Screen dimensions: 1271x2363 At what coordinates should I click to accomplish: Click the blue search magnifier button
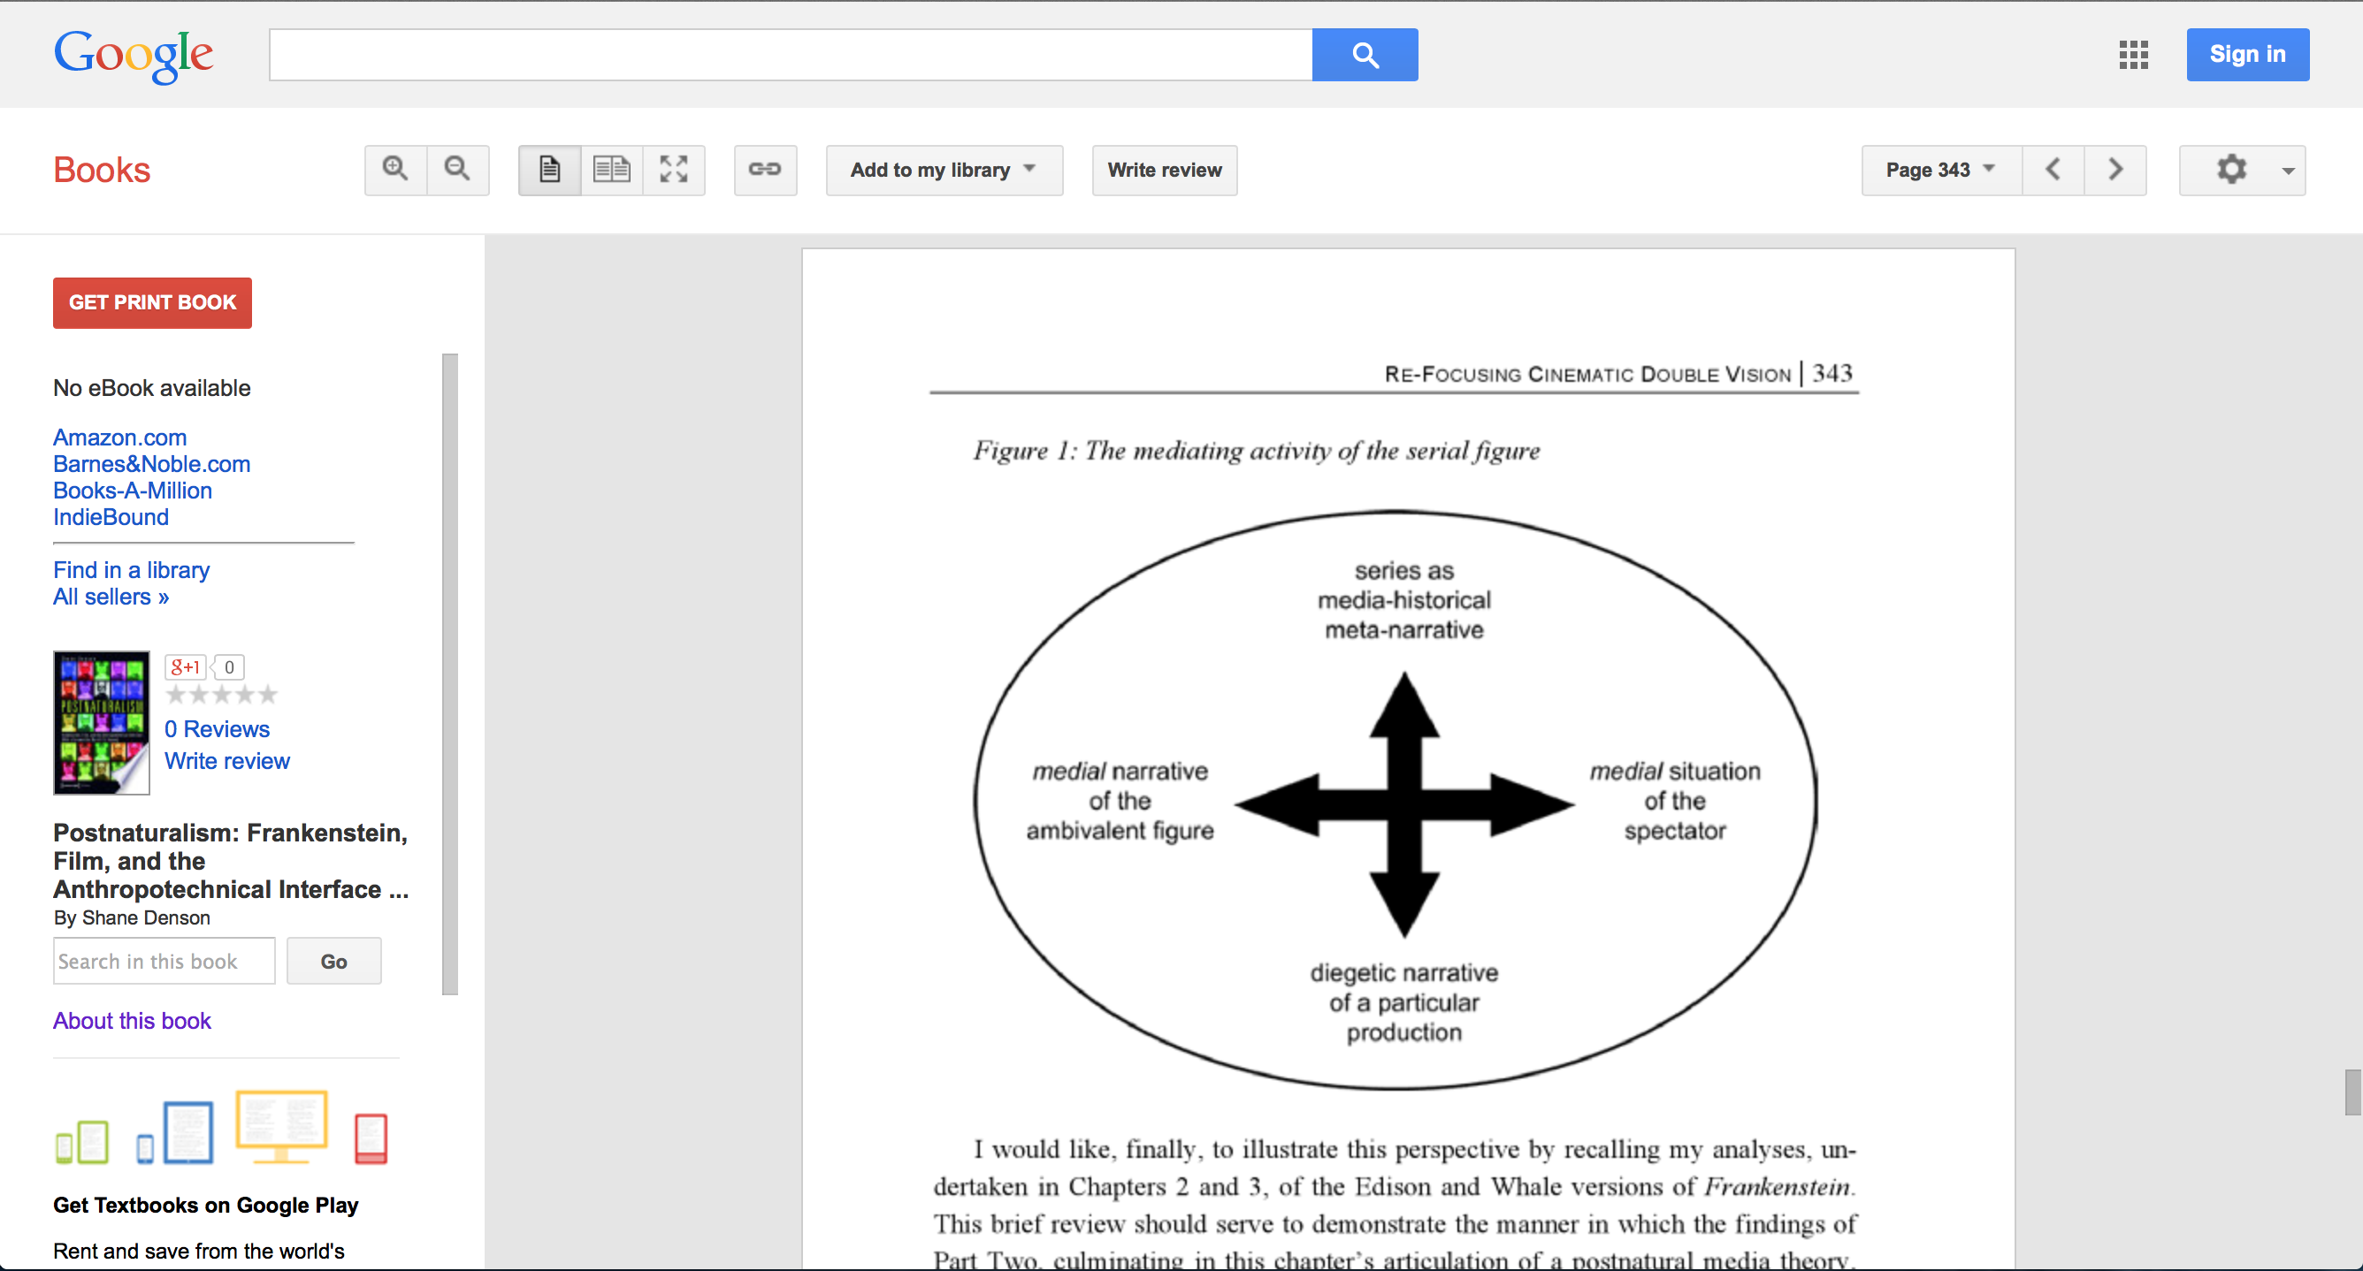pyautogui.click(x=1364, y=55)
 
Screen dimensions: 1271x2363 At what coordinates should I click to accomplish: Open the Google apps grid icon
pyautogui.click(x=2133, y=55)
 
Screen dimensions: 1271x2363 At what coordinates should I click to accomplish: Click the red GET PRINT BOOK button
pyautogui.click(x=152, y=302)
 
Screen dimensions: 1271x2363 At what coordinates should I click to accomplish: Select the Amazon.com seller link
pyautogui.click(x=120, y=438)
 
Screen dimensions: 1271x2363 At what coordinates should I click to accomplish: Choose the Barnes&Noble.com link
pyautogui.click(x=151, y=464)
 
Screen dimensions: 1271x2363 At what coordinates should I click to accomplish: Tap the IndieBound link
pyautogui.click(x=111, y=517)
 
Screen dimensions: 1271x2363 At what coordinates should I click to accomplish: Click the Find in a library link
pyautogui.click(x=131, y=570)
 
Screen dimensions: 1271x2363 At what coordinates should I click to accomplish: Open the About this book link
pyautogui.click(x=132, y=1021)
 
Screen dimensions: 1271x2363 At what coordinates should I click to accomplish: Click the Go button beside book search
pyautogui.click(x=333, y=961)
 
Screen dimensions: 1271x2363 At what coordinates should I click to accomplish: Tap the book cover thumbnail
pyautogui.click(x=101, y=722)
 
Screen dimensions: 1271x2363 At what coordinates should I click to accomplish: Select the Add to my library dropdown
pyautogui.click(x=943, y=170)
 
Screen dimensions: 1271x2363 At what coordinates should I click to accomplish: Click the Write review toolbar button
pyautogui.click(x=1164, y=170)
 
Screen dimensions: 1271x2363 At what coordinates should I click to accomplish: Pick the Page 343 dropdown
pyautogui.click(x=1940, y=170)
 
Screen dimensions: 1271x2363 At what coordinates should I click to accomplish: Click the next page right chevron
pyautogui.click(x=2114, y=170)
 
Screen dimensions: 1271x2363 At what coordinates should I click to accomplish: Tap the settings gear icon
pyautogui.click(x=2231, y=170)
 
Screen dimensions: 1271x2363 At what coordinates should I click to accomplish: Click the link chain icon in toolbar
pyautogui.click(x=764, y=170)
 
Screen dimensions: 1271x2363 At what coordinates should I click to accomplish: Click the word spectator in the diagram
pyautogui.click(x=1674, y=831)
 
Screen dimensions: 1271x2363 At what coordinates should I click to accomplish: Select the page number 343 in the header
pyautogui.click(x=1832, y=373)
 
